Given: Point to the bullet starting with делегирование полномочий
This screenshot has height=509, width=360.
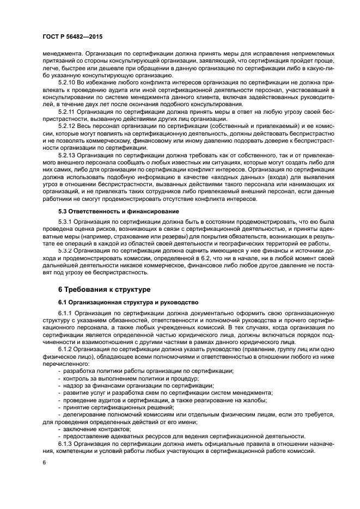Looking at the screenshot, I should (x=163, y=414).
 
